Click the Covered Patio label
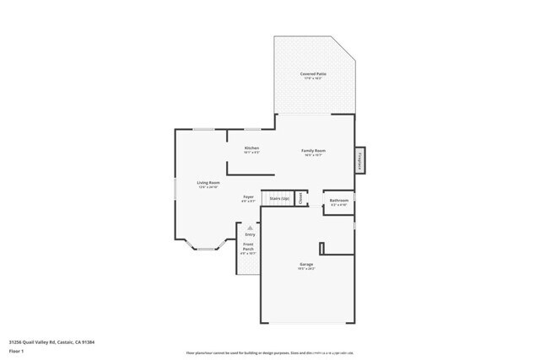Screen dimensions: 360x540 pyautogui.click(x=315, y=73)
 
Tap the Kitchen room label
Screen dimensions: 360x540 pyautogui.click(x=251, y=148)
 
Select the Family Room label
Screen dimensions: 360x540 pyautogui.click(x=314, y=151)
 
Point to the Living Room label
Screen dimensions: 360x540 pyautogui.click(x=208, y=182)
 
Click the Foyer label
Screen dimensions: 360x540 pyautogui.click(x=249, y=196)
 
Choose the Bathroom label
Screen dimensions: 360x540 pyautogui.click(x=339, y=201)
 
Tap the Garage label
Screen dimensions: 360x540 pyautogui.click(x=306, y=265)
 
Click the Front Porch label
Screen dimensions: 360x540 pyautogui.click(x=249, y=248)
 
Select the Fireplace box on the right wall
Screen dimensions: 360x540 pyautogui.click(x=359, y=159)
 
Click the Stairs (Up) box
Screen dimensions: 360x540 pyautogui.click(x=280, y=199)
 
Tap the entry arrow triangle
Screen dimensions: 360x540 pyautogui.click(x=250, y=227)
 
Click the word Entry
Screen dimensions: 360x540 pyautogui.click(x=250, y=234)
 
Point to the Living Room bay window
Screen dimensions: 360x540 pyautogui.click(x=204, y=245)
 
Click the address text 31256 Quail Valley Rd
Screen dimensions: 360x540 pyautogui.click(x=43, y=341)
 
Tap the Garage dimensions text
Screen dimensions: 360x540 pyautogui.click(x=306, y=269)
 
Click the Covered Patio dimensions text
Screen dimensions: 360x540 pyautogui.click(x=315, y=78)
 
